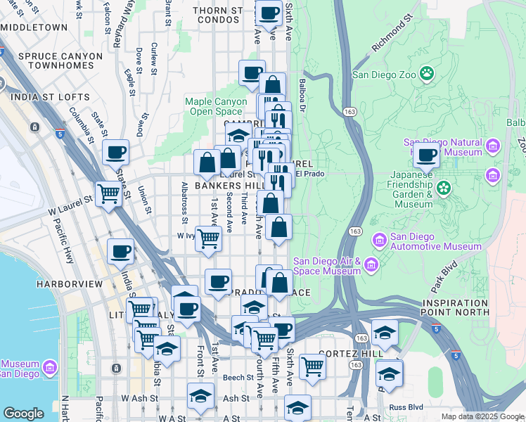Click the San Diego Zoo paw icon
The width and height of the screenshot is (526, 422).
(427, 72)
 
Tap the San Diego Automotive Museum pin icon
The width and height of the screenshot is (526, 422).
(380, 241)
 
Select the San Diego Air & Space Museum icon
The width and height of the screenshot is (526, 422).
(371, 265)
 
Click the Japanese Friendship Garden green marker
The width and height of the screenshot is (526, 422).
(443, 188)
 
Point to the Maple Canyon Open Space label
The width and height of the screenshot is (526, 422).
(217, 106)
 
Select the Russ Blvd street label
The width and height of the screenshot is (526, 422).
(406, 407)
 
